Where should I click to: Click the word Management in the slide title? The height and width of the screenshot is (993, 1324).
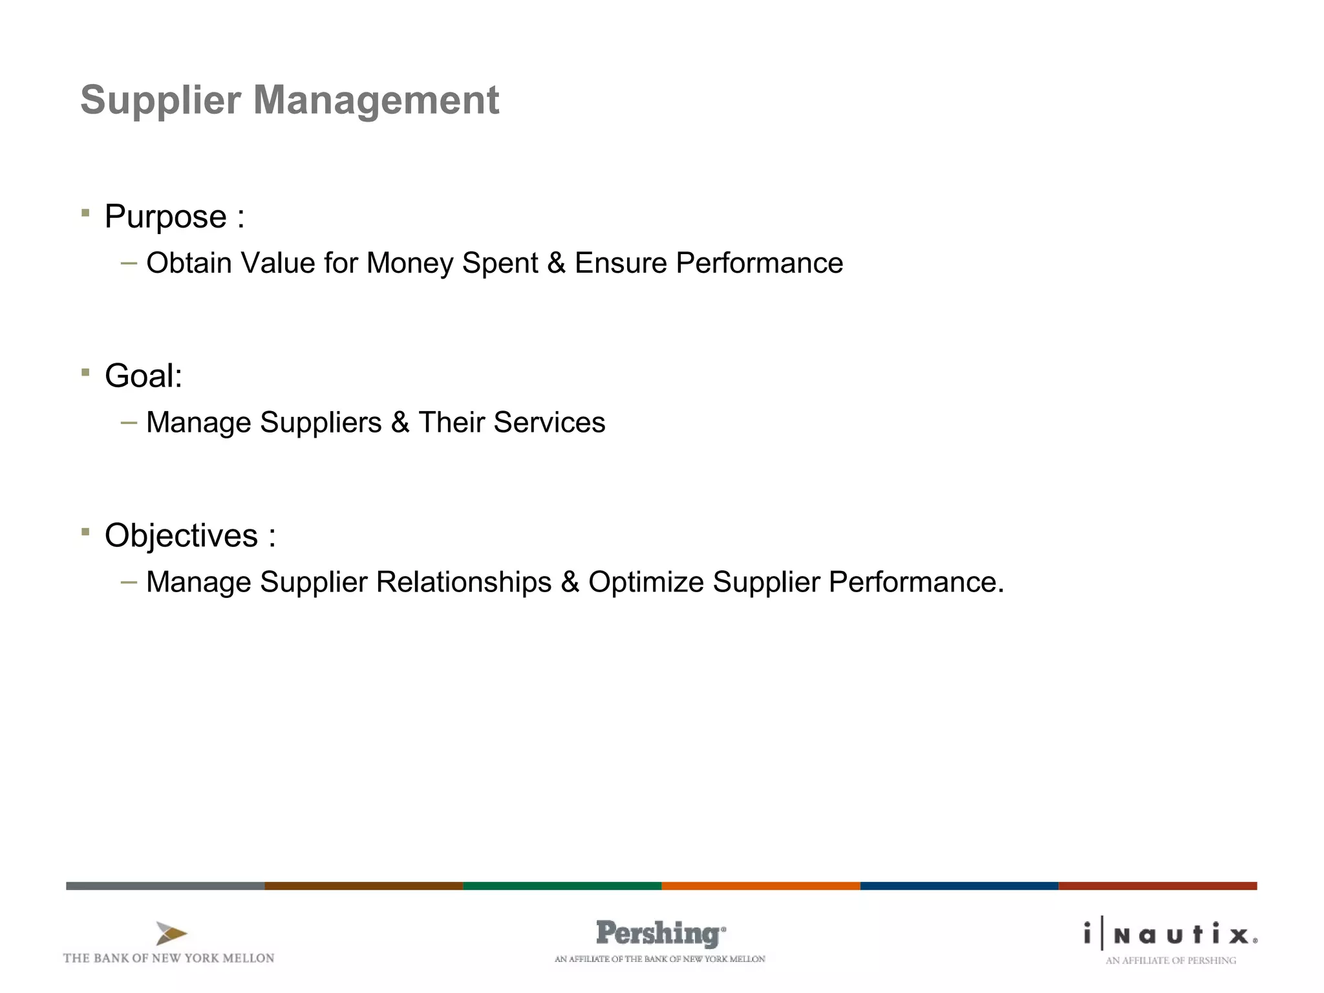pos(376,101)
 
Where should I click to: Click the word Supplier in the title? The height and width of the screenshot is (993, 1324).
pos(160,101)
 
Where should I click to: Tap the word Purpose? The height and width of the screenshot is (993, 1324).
pos(165,217)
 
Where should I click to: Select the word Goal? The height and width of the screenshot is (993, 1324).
pos(140,376)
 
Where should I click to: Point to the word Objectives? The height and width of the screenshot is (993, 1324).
pos(181,536)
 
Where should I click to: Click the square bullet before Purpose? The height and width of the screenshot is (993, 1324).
pos(85,213)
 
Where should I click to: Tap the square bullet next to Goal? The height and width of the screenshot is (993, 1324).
pos(85,372)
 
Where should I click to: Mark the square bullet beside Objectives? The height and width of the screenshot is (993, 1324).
pos(85,532)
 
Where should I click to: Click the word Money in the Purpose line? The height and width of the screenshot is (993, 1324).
pos(410,264)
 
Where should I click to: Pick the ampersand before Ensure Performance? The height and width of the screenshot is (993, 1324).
pos(556,264)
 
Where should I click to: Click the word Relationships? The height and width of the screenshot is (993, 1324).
pos(464,582)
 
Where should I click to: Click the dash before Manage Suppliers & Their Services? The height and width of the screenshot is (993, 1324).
pos(129,423)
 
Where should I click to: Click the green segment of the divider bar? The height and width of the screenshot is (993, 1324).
pos(562,886)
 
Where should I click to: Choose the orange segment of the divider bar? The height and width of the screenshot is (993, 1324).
pos(760,886)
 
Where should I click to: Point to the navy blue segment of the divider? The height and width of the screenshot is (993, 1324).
pos(959,886)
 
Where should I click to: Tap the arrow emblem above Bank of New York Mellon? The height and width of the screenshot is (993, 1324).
pos(171,934)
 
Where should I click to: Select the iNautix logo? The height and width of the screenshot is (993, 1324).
pos(1170,935)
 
